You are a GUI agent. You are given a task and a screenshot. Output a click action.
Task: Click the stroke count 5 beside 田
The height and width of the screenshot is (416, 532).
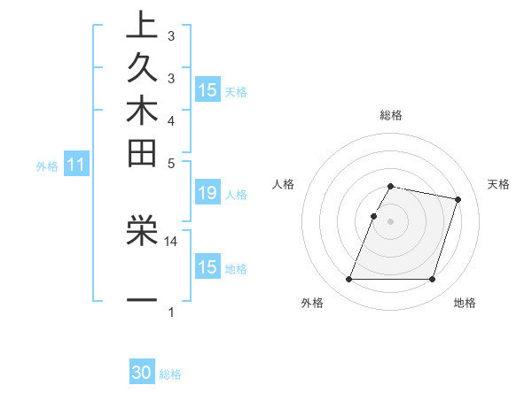tap(171, 162)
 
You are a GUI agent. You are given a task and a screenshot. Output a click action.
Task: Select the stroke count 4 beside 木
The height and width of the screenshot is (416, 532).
tap(171, 119)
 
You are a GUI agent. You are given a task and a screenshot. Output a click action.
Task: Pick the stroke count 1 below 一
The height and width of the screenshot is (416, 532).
tap(171, 312)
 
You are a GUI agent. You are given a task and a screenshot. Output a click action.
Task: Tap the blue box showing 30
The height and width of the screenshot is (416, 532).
tap(142, 374)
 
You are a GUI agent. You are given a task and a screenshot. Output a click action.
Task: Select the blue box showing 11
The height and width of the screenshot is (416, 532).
tap(76, 165)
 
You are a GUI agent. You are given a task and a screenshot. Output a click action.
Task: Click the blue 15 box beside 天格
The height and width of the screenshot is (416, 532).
tap(207, 90)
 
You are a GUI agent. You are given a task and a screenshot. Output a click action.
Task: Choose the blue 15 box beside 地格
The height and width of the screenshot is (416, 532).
tap(207, 267)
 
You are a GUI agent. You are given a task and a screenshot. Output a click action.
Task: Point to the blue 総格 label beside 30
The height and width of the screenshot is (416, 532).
tap(170, 374)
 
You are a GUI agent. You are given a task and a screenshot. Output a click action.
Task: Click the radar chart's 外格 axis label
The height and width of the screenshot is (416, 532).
tap(312, 304)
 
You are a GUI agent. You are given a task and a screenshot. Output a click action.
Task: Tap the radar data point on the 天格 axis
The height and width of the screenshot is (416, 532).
tap(458, 200)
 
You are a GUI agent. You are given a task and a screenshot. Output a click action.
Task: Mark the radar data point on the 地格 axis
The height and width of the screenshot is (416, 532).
tap(432, 280)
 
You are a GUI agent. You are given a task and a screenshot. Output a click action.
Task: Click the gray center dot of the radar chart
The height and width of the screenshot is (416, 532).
tap(391, 221)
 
